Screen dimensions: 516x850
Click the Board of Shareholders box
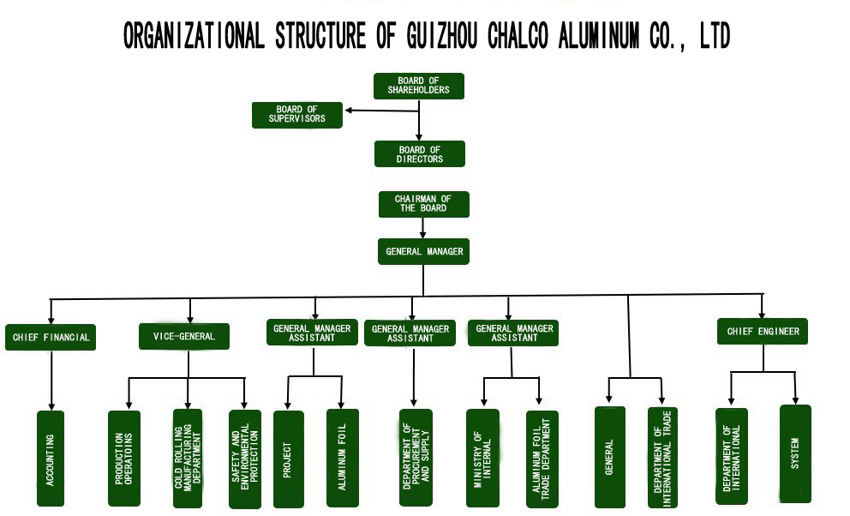click(x=418, y=86)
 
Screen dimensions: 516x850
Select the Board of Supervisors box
click(x=296, y=115)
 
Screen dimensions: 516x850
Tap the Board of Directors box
click(x=420, y=154)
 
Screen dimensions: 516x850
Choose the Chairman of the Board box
click(x=423, y=204)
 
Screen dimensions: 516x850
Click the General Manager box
click(x=423, y=252)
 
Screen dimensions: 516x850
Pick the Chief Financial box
click(x=51, y=337)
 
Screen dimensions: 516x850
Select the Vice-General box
click(x=183, y=337)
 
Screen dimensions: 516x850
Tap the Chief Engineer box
click(x=763, y=332)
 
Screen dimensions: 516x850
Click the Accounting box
click(x=51, y=459)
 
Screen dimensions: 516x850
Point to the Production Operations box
click(x=123, y=459)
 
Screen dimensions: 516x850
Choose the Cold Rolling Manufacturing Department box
click(x=188, y=458)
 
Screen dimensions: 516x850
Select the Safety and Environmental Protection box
click(x=244, y=459)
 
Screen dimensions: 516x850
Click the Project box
click(x=288, y=459)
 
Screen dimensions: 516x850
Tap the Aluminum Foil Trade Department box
click(x=542, y=459)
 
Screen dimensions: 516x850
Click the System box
click(x=795, y=453)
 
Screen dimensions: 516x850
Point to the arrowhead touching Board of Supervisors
click(x=347, y=110)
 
